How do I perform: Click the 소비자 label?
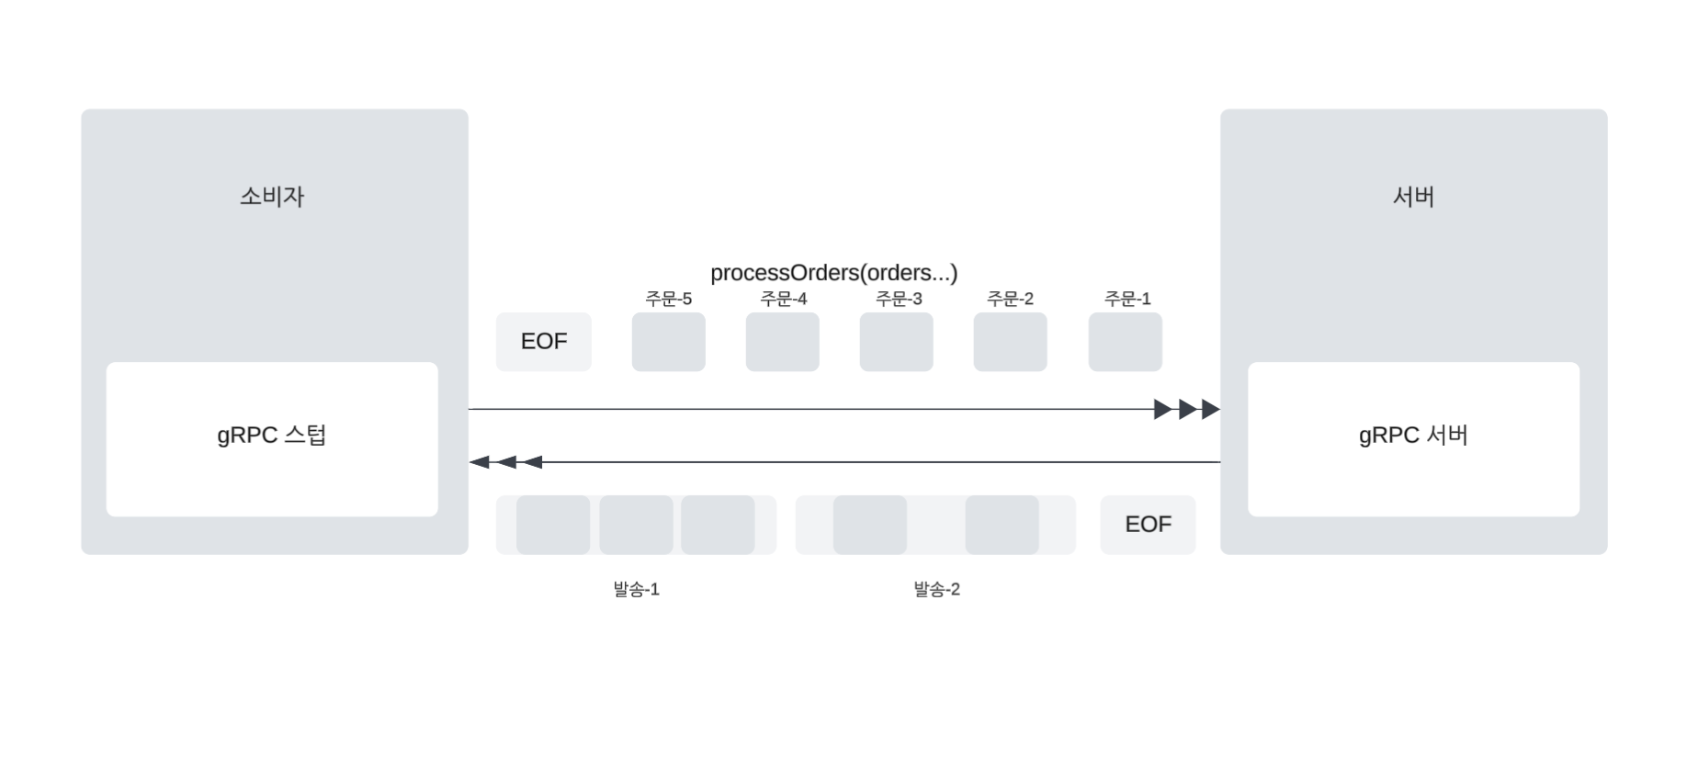point(272,197)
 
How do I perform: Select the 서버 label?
point(1413,197)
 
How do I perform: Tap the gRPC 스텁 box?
point(272,438)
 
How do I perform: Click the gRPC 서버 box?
point(1413,438)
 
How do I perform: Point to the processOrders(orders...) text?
point(833,273)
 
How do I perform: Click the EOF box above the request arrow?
point(544,342)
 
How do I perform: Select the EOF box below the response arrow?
point(1148,525)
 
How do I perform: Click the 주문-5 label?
point(668,299)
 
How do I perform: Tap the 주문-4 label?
point(783,299)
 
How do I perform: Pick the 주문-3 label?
point(898,299)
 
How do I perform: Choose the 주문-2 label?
point(1010,299)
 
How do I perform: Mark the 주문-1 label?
point(1127,299)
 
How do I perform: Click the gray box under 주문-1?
point(1125,342)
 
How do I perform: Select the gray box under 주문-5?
point(668,342)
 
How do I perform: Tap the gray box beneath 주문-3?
point(896,342)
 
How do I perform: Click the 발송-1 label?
point(636,589)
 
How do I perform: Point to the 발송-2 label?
point(936,589)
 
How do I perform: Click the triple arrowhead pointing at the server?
point(1187,409)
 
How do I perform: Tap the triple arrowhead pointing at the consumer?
point(504,462)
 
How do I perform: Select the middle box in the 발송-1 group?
point(636,525)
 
